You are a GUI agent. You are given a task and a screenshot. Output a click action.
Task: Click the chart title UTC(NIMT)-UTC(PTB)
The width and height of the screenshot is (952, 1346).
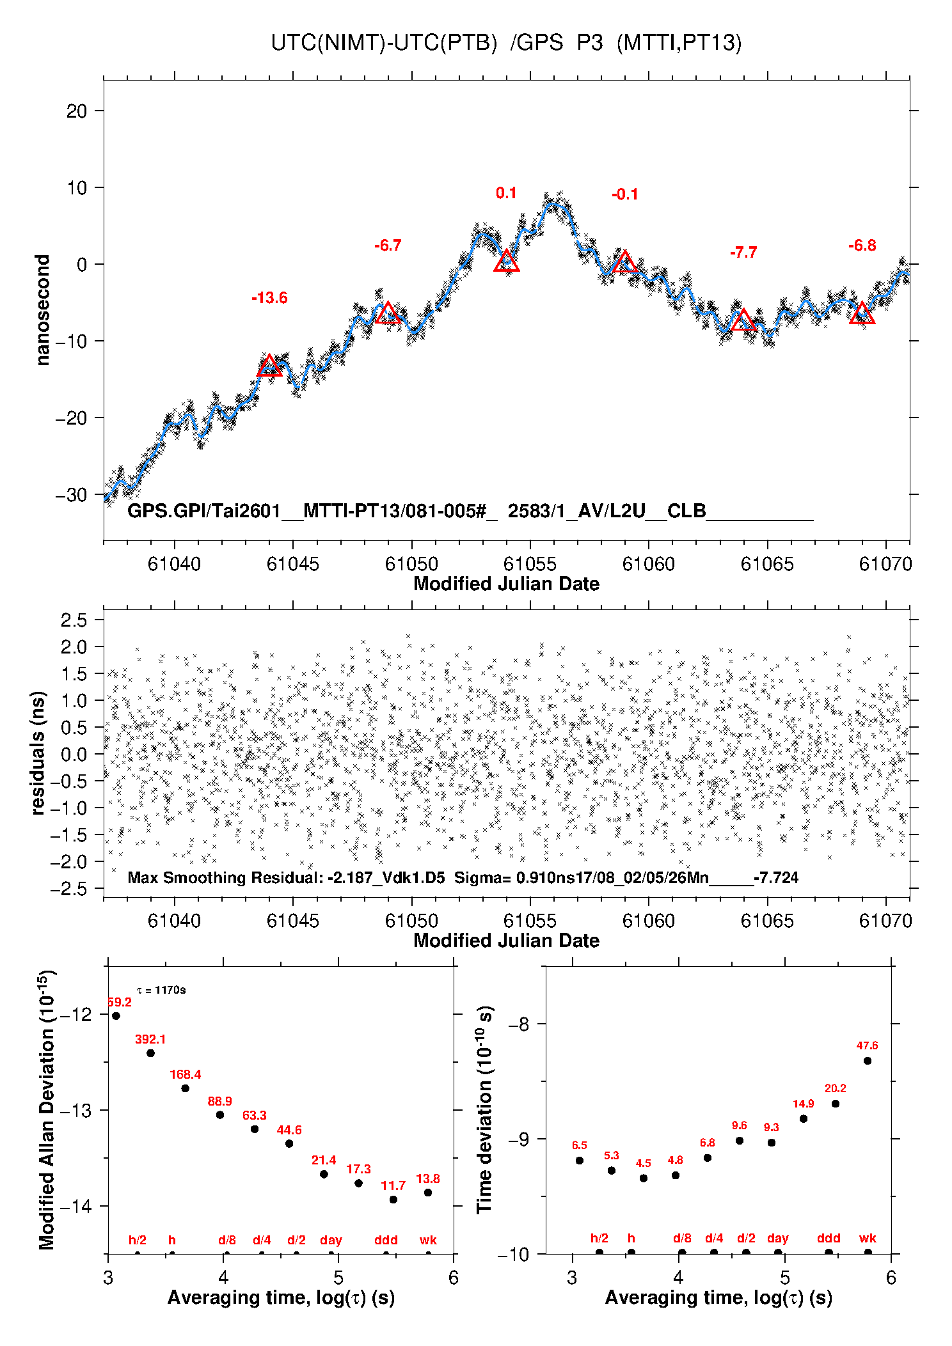[384, 43]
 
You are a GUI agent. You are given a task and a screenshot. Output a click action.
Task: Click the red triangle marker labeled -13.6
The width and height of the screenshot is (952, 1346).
[269, 366]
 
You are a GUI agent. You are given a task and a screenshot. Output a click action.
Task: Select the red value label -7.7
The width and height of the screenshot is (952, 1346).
[743, 253]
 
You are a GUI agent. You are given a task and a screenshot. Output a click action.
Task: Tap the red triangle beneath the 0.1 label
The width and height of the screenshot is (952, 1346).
[507, 261]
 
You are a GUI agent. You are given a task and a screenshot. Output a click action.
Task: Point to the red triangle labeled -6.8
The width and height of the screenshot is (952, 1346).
[862, 313]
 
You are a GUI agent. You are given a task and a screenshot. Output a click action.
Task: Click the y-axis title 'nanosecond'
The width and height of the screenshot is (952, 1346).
[42, 310]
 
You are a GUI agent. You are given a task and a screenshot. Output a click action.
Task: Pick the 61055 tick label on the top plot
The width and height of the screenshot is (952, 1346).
[530, 564]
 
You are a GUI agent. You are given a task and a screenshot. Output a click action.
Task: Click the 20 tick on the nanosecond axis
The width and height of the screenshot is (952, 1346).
[76, 111]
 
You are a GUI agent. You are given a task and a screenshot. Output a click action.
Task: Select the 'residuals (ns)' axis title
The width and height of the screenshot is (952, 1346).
[38, 753]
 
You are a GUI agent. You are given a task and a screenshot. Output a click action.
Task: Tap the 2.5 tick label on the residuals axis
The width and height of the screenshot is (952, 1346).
[74, 620]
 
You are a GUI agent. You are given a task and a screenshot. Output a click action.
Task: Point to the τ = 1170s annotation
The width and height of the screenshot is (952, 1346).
[161, 990]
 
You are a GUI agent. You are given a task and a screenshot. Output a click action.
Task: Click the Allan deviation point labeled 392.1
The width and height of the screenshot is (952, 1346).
[150, 1053]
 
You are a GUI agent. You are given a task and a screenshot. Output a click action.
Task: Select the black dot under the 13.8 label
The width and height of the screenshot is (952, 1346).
[428, 1193]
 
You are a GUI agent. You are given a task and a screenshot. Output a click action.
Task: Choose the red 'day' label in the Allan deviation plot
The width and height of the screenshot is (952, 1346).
[331, 1240]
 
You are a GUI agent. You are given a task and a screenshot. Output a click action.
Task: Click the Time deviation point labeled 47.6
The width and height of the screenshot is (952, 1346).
[868, 1061]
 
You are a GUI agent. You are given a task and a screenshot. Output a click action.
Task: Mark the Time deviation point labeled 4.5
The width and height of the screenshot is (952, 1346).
[644, 1178]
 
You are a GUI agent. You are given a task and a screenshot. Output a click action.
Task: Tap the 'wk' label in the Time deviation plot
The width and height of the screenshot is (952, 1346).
[868, 1239]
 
